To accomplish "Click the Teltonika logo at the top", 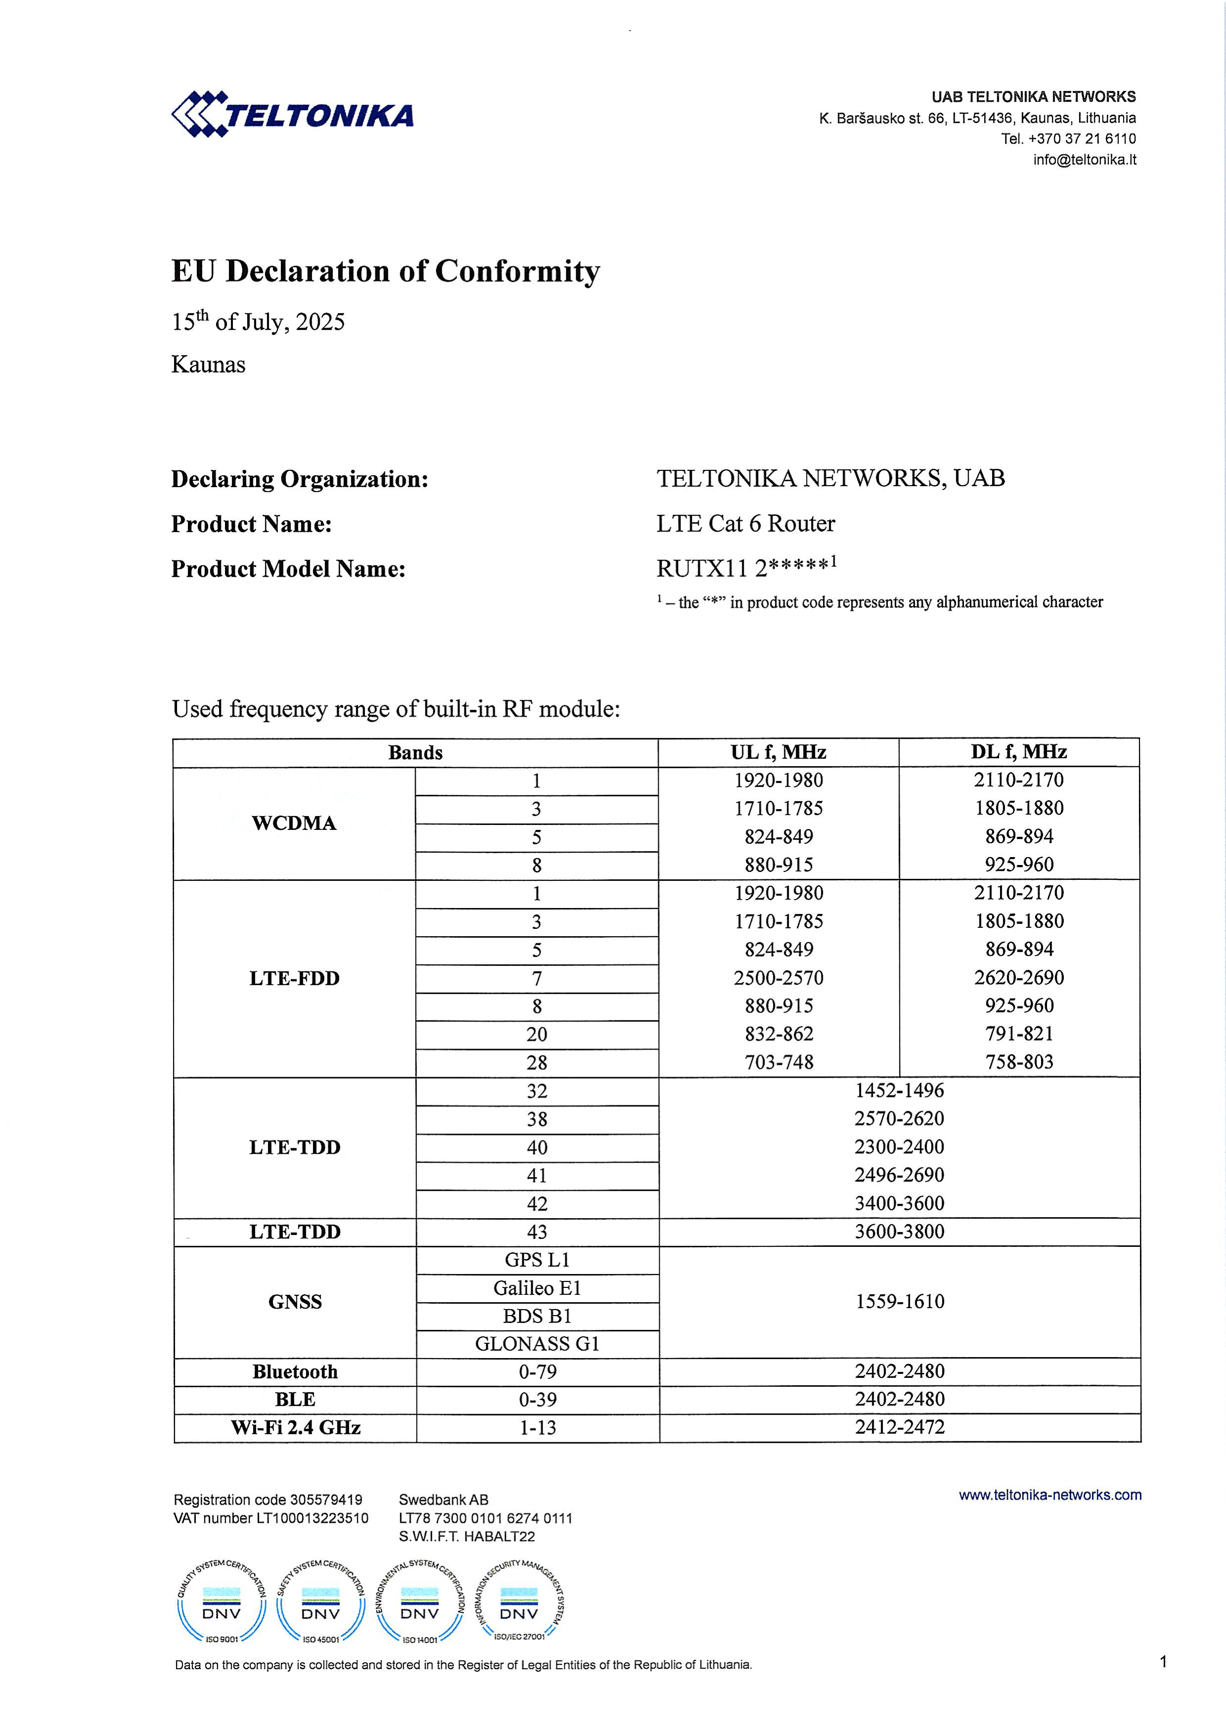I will tap(293, 115).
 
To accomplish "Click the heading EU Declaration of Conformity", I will tap(386, 271).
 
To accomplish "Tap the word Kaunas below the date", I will tap(208, 365).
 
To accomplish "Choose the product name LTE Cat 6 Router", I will tap(745, 523).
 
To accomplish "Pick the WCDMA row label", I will tap(294, 822).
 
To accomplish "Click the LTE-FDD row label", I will tap(294, 978).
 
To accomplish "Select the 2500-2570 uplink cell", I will tap(778, 977).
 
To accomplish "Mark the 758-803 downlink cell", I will tap(1018, 1062).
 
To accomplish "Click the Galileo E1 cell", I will tap(537, 1288).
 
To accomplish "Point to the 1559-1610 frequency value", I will tap(899, 1301).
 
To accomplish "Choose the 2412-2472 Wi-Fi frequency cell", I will tap(899, 1426).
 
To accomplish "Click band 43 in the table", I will tap(537, 1232).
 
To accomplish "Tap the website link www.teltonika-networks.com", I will tap(1049, 1495).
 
